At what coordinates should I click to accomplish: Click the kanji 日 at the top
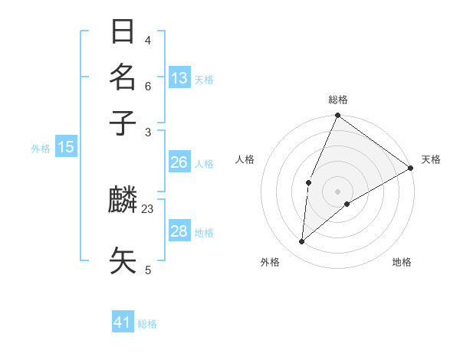[x=123, y=32]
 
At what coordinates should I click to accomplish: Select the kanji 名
[x=123, y=77]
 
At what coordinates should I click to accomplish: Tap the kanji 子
[x=123, y=123]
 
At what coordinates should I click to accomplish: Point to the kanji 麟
[x=123, y=200]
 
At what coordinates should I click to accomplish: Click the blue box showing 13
[x=179, y=78]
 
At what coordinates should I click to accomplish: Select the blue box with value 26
[x=179, y=162]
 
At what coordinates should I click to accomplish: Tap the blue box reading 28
[x=179, y=231]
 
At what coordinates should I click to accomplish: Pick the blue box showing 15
[x=66, y=147]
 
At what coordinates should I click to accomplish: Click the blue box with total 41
[x=123, y=322]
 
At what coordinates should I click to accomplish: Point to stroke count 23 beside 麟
[x=148, y=208]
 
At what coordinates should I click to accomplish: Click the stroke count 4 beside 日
[x=148, y=41]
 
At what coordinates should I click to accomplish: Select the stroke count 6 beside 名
[x=148, y=87]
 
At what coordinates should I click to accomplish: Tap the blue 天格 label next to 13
[x=204, y=80]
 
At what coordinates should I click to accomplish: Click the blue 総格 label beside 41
[x=147, y=324]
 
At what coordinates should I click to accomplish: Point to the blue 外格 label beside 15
[x=41, y=149]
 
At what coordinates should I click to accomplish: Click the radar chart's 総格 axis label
[x=337, y=100]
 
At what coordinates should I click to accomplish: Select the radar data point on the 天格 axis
[x=411, y=168]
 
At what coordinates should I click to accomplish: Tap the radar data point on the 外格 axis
[x=302, y=242]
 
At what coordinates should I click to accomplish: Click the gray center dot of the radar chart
[x=337, y=191]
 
